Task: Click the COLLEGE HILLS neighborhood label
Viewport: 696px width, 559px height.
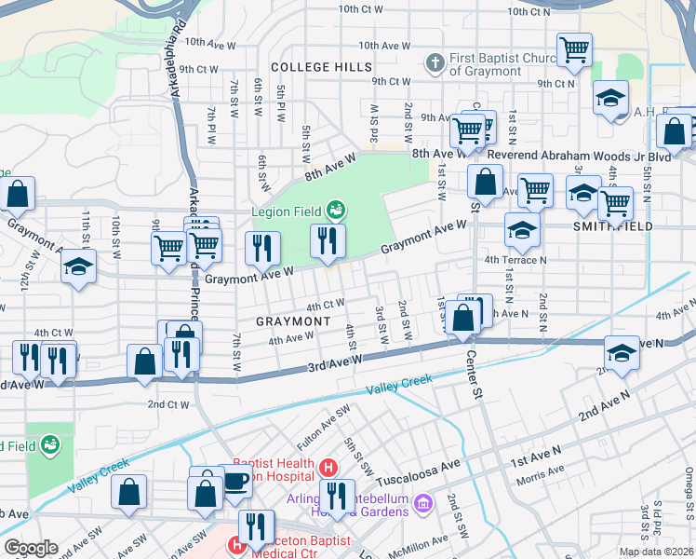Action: pos(321,67)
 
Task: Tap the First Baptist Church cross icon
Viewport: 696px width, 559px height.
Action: pos(434,63)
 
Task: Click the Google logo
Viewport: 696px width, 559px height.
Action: pos(31,548)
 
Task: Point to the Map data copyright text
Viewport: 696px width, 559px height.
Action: pos(656,552)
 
